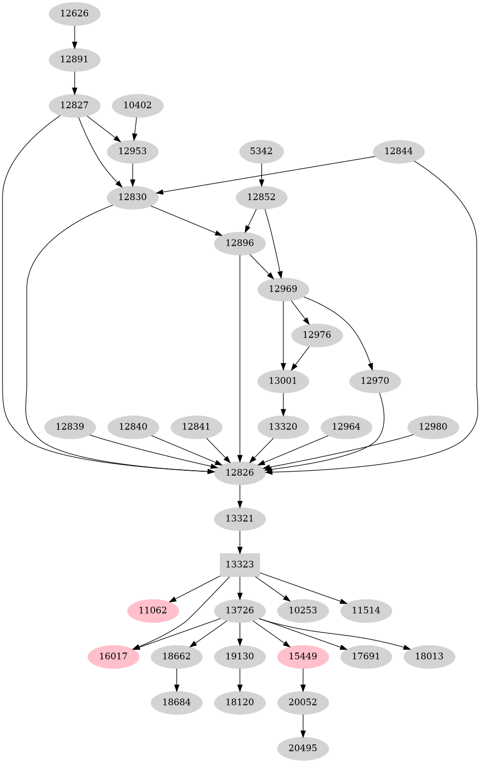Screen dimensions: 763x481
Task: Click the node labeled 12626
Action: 74,13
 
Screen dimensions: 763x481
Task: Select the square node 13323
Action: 240,564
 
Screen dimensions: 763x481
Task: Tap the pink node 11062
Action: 153,610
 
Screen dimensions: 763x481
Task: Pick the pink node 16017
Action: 113,656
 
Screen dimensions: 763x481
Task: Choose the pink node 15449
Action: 303,656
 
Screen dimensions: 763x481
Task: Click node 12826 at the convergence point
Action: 240,473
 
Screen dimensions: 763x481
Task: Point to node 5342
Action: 261,151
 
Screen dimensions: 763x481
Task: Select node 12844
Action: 399,151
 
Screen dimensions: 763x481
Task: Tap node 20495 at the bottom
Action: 303,748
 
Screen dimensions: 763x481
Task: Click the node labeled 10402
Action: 137,105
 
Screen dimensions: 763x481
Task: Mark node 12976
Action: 317,335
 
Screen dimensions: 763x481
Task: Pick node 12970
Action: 375,381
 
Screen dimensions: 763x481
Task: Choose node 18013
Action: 429,656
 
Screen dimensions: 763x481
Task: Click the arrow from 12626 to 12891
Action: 74,36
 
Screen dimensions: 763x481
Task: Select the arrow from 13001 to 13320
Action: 283,404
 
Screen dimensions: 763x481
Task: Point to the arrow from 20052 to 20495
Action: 303,725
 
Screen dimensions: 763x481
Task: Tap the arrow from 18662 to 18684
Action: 177,679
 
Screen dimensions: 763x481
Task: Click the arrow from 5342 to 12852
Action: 261,174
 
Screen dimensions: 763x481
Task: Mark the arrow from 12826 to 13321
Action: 240,496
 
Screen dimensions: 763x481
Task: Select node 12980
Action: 433,427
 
